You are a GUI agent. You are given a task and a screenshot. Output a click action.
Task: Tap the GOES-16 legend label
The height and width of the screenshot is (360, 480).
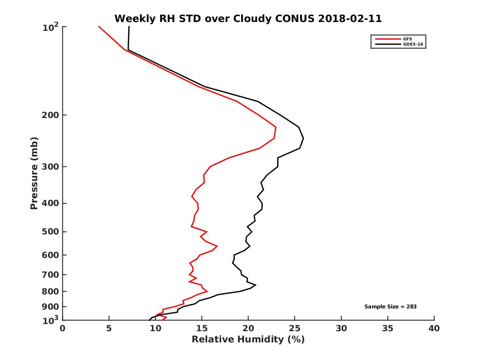(413, 44)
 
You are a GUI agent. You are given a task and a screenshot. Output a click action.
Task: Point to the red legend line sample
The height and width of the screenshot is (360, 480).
(388, 39)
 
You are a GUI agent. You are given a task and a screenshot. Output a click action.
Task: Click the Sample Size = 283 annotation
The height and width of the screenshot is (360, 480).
(390, 306)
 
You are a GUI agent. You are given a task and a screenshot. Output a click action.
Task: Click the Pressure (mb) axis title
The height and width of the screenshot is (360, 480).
(34, 173)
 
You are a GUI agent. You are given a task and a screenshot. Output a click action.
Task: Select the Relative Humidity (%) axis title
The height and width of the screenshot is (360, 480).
(248, 340)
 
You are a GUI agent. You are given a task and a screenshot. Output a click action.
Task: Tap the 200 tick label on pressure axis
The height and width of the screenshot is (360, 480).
(51, 115)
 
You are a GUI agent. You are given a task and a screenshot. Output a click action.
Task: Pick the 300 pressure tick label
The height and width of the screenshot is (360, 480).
(51, 166)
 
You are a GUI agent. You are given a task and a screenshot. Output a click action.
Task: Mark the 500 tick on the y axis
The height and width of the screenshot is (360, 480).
(51, 232)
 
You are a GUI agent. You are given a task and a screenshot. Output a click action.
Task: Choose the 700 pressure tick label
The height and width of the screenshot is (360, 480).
(51, 274)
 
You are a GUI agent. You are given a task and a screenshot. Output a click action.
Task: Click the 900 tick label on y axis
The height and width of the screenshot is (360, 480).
(51, 307)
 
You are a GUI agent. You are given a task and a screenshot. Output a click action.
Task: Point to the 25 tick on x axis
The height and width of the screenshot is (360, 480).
(295, 329)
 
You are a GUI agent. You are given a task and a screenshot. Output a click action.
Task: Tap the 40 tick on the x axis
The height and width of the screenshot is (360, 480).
(434, 329)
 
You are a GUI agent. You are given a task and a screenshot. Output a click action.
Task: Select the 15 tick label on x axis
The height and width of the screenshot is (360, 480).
(202, 329)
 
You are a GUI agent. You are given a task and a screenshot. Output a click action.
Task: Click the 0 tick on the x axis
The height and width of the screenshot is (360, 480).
(63, 329)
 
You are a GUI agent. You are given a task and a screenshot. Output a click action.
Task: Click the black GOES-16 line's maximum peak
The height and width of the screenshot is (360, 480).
(303, 138)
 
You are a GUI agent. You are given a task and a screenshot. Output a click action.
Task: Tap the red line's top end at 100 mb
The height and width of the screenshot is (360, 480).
(99, 26)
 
